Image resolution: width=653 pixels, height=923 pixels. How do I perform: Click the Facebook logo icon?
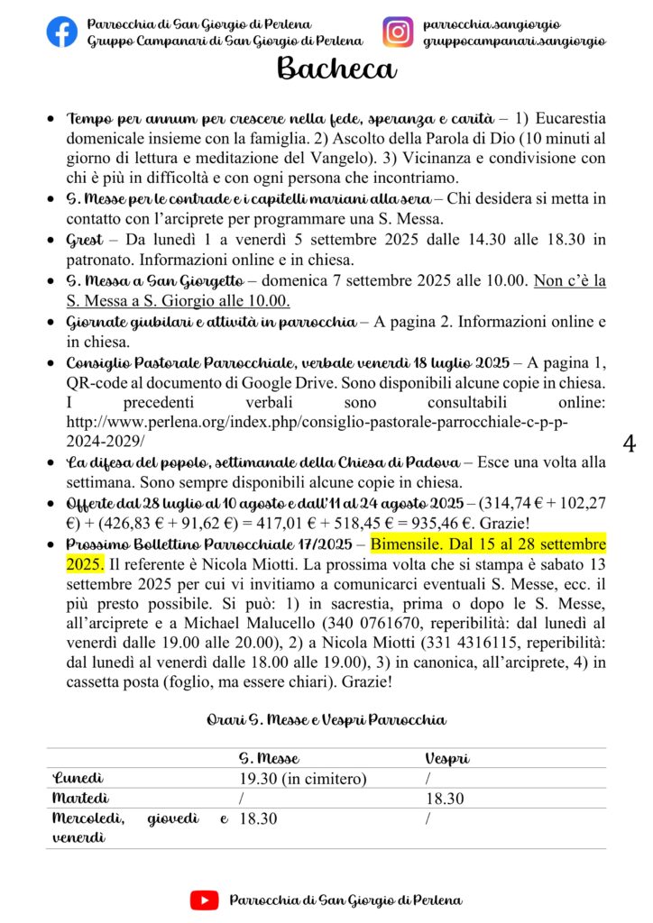pyautogui.click(x=62, y=32)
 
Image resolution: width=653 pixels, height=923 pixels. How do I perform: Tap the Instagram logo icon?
pyautogui.click(x=397, y=32)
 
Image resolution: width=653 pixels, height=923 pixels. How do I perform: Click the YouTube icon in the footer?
pyautogui.click(x=204, y=900)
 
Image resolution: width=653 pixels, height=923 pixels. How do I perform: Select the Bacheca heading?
pyautogui.click(x=336, y=68)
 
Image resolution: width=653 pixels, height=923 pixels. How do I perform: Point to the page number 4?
pyautogui.click(x=630, y=443)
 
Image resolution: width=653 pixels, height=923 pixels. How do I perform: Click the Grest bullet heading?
pyautogui.click(x=84, y=240)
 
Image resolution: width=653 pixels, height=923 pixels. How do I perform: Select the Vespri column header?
pyautogui.click(x=446, y=758)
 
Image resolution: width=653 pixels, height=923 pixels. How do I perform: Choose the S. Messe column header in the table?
pyautogui.click(x=269, y=758)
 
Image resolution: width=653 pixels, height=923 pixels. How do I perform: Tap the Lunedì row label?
pyautogui.click(x=78, y=778)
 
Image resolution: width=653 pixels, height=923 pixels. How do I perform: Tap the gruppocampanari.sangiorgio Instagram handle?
pyautogui.click(x=514, y=41)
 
